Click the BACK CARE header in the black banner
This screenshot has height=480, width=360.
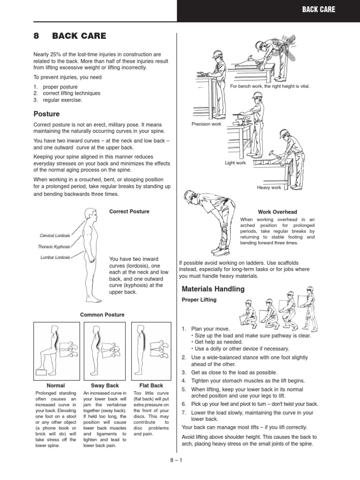(x=318, y=9)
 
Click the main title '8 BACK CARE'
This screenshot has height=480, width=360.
(x=70, y=36)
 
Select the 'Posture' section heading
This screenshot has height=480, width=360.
(x=46, y=113)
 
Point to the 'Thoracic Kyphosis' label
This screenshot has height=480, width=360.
(x=54, y=247)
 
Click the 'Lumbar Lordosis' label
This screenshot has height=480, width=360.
(x=55, y=257)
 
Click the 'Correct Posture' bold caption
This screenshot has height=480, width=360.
(x=129, y=211)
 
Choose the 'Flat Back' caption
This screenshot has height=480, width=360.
(x=148, y=385)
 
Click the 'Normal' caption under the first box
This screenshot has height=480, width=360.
(x=56, y=385)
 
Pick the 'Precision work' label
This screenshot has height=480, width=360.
(x=206, y=124)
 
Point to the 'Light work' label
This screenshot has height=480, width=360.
(x=235, y=163)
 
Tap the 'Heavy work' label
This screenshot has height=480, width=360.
(x=269, y=187)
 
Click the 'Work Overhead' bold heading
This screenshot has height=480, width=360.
(x=277, y=212)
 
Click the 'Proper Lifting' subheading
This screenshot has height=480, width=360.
(x=199, y=300)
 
